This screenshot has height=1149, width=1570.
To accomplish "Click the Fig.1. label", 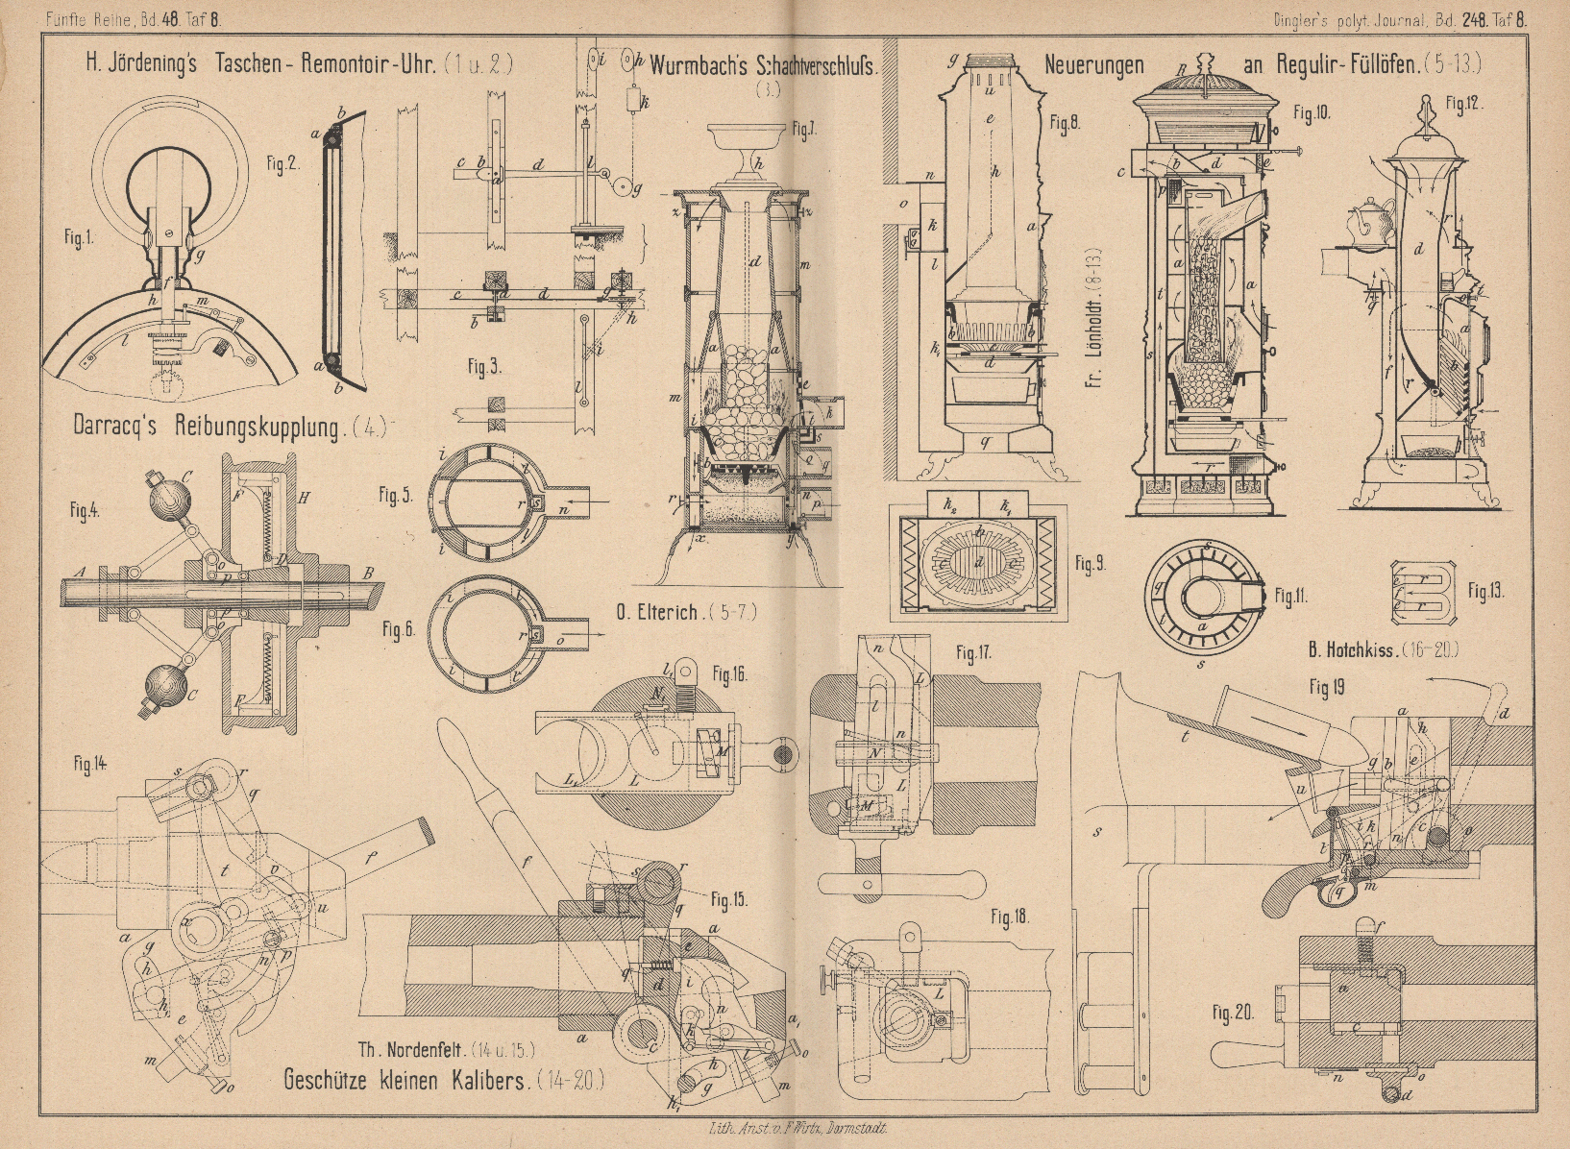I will click(x=80, y=240).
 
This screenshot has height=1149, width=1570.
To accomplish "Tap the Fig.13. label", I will click(x=1484, y=593).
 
